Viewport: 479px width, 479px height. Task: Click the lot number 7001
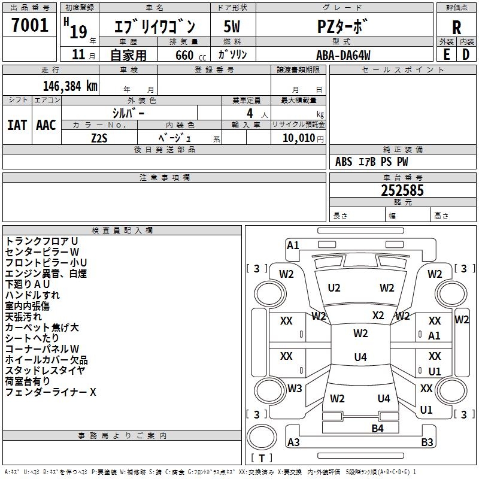pos(30,25)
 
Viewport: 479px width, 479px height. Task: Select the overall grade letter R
pos(456,28)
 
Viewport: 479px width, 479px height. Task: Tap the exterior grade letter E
pos(446,54)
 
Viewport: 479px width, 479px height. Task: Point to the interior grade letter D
pos(466,54)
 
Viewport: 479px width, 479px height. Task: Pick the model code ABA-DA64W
pos(343,54)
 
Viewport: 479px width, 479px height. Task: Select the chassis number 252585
pos(402,190)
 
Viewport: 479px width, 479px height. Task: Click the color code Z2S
pos(99,137)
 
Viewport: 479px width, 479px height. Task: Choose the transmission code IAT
pos(17,125)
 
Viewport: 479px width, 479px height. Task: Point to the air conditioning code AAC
pos(46,125)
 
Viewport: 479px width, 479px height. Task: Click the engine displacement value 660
pos(184,55)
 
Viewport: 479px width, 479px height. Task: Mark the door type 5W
pos(232,26)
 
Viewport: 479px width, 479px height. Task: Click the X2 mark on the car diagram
pos(378,316)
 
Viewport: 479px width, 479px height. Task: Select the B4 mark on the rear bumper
pos(377,428)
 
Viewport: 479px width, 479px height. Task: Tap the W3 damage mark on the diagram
pos(294,389)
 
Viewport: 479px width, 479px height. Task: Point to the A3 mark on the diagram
pos(293,442)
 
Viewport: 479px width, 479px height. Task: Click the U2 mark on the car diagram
pos(334,288)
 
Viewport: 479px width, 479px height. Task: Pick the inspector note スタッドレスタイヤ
pos(45,371)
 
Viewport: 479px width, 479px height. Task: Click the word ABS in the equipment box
pos(344,162)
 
